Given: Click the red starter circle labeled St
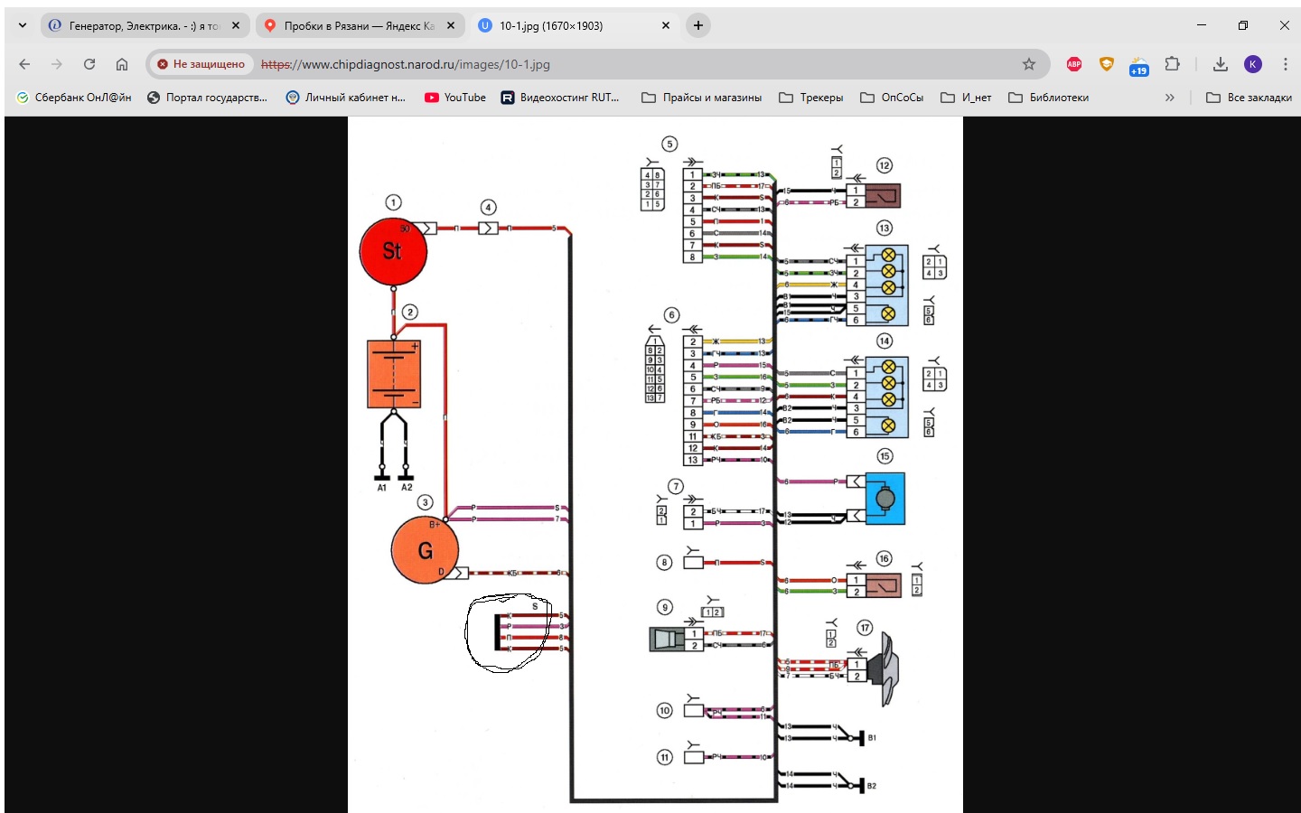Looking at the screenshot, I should pos(393,251).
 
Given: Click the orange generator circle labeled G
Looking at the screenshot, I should pos(425,550).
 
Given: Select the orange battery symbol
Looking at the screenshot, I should pos(394,374).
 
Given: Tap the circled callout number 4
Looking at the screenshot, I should pos(488,208).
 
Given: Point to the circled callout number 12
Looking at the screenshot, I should pos(884,165).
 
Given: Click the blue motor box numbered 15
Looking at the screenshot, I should pos(884,498).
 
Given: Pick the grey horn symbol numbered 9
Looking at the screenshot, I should pos(668,640).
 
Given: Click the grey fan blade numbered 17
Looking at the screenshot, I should pos(884,669).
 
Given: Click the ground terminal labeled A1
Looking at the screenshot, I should pos(382,476).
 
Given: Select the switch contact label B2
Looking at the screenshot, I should pos(871,786).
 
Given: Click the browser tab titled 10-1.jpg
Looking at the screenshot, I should pos(550,26).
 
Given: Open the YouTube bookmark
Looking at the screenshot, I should pos(455,98).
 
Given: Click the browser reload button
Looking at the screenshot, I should pos(89,64).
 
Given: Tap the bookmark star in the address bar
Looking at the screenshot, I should pos(1028,64).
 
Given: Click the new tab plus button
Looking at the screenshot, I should pos(697,25).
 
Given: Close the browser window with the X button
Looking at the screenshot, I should pos(1284,25).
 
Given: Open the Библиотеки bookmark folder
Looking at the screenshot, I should pos(1049,98).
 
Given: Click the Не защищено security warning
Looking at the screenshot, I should pos(200,64).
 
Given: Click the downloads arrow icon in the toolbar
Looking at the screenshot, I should pos(1220,64).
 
